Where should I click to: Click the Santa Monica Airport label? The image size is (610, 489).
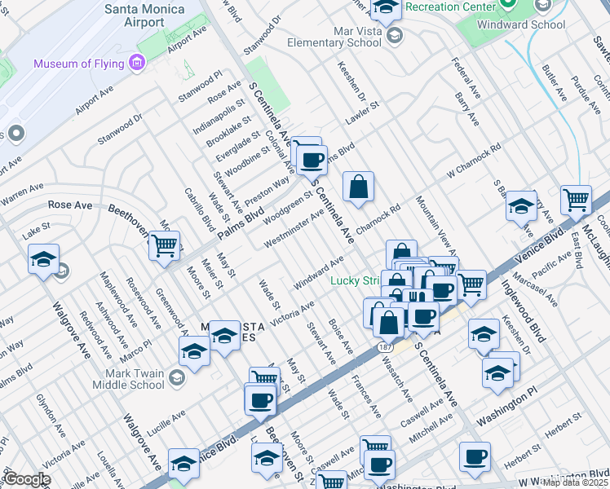click(x=144, y=15)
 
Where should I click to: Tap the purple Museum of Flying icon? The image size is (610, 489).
click(x=136, y=63)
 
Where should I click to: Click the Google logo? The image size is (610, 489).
click(x=27, y=479)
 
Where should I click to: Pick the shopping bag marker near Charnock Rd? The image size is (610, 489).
click(x=358, y=187)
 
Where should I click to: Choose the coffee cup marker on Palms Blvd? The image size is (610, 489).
click(x=311, y=159)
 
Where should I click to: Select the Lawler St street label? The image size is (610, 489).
click(x=363, y=112)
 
